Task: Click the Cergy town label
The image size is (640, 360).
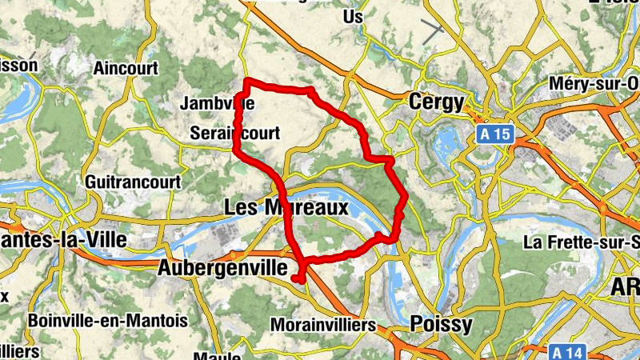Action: pyautogui.click(x=436, y=102)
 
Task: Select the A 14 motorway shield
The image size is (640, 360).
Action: pyautogui.click(x=570, y=351)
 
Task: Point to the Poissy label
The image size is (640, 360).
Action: pyautogui.click(x=440, y=324)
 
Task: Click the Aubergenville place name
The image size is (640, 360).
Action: pyautogui.click(x=222, y=268)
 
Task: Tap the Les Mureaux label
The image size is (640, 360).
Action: pyautogui.click(x=286, y=208)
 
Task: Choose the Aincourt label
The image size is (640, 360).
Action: pyautogui.click(x=126, y=68)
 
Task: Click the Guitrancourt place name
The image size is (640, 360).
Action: pyautogui.click(x=126, y=180)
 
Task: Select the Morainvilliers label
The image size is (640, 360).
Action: pyautogui.click(x=323, y=326)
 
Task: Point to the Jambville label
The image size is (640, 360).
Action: pyautogui.click(x=218, y=103)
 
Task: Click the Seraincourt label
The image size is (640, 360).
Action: pyautogui.click(x=235, y=134)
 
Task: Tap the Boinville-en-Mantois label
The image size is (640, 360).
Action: pyautogui.click(x=107, y=321)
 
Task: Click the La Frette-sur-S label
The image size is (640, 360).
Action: pyautogui.click(x=582, y=242)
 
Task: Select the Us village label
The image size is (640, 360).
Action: pyautogui.click(x=352, y=16)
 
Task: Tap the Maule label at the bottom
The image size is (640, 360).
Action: pyautogui.click(x=218, y=355)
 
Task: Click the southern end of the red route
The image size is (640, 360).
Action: pyautogui.click(x=297, y=278)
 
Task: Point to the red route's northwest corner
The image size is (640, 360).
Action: pyautogui.click(x=246, y=82)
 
